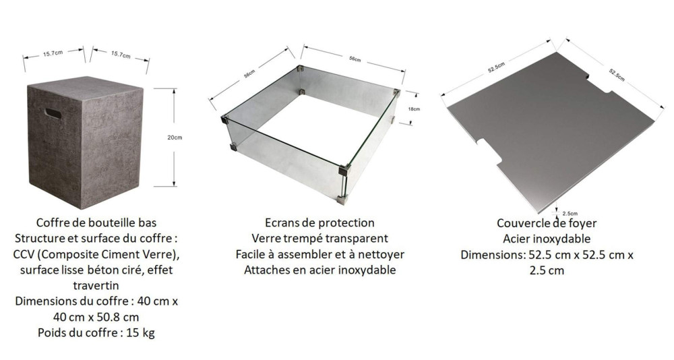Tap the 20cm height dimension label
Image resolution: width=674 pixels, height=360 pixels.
click(174, 138)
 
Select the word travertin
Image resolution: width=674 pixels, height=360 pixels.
click(98, 286)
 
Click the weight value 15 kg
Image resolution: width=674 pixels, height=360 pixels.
click(140, 333)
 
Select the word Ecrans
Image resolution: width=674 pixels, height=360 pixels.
click(274, 222)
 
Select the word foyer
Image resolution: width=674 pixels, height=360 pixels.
click(581, 223)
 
